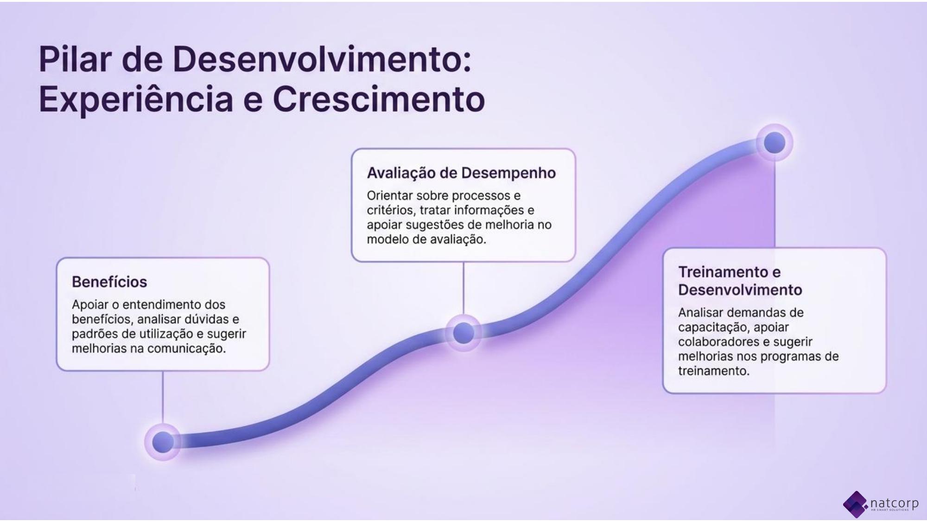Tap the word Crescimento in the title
379,99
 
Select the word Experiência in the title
136,99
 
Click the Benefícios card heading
109,282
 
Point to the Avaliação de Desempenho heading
461,173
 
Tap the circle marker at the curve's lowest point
163,441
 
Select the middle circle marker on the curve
463,333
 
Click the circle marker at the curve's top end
775,142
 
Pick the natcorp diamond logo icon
855,505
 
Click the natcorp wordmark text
895,503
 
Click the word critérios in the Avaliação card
392,210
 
